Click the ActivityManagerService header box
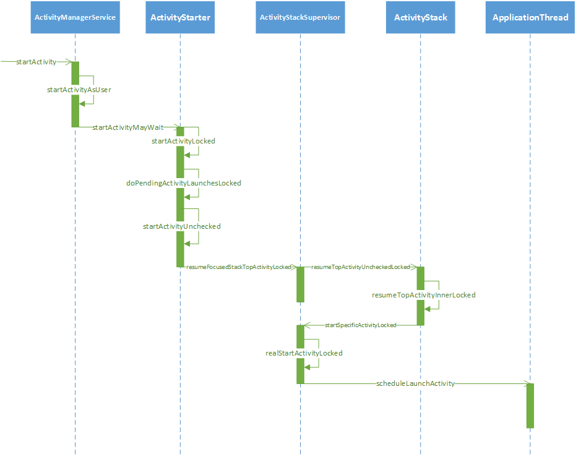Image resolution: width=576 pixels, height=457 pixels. tap(75, 17)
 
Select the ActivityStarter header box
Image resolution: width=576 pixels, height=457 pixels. tap(180, 17)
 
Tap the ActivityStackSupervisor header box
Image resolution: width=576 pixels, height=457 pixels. tap(300, 17)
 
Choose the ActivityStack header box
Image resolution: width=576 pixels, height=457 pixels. tap(420, 17)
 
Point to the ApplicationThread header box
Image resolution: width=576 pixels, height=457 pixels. tap(530, 17)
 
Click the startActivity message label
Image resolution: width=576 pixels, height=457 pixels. tap(36, 62)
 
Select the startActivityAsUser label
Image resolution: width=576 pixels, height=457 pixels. tap(79, 90)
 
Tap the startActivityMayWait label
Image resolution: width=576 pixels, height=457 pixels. tap(128, 127)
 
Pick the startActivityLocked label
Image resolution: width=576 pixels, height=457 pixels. tap(183, 141)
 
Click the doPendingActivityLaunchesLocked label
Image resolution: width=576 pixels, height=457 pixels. tap(184, 183)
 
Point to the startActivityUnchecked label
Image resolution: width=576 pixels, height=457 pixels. tap(182, 226)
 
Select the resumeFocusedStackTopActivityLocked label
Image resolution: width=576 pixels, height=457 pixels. tap(239, 267)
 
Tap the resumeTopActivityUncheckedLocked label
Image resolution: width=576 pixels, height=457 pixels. tap(361, 267)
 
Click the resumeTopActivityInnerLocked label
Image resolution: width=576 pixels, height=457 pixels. tap(424, 295)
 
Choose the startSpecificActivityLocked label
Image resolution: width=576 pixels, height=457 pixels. tap(360, 325)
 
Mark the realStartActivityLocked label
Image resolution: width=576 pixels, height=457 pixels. tap(304, 353)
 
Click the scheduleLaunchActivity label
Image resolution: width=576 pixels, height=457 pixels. tap(416, 383)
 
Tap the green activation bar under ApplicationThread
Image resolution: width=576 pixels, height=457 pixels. tap(530, 406)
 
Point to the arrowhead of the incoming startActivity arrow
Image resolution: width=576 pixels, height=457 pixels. tap(68, 62)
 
